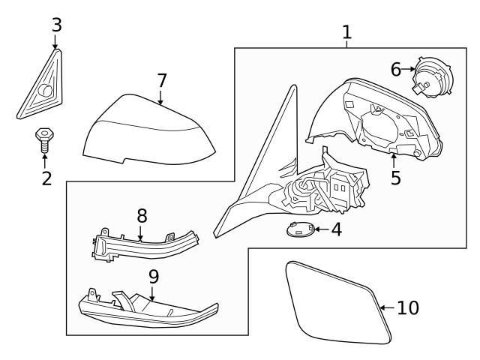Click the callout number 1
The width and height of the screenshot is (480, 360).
(346, 32)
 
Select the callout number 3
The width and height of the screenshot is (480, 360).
(55, 25)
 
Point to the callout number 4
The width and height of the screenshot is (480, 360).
(336, 229)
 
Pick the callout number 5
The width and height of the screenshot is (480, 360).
(395, 178)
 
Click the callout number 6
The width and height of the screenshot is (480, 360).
(396, 70)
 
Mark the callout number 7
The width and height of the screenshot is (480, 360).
(160, 79)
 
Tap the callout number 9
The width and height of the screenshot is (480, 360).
(153, 276)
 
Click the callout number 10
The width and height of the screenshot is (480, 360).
(408, 307)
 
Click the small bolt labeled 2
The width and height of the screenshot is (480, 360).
(44, 140)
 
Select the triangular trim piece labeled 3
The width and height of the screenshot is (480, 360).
(41, 89)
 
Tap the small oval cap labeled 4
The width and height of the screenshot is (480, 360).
(301, 231)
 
